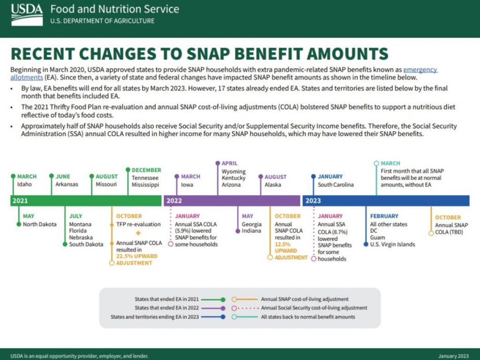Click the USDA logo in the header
[x=26, y=14]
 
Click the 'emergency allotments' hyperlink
[x=420, y=69]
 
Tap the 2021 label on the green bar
[x=21, y=201]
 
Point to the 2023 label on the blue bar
[x=313, y=201]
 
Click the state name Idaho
[x=24, y=184]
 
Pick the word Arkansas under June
[x=67, y=184]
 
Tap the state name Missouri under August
[x=106, y=184]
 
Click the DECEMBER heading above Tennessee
[x=146, y=170]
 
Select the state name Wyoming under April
[x=233, y=172]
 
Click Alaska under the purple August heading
[x=273, y=184]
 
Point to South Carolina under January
[x=336, y=185]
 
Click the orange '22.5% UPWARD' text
[x=137, y=256]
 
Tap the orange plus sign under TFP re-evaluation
[x=138, y=233]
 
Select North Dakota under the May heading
[x=39, y=224]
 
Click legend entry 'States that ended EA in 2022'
[x=166, y=308]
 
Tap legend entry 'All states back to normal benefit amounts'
[x=307, y=317]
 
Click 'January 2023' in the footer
[x=453, y=356]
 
